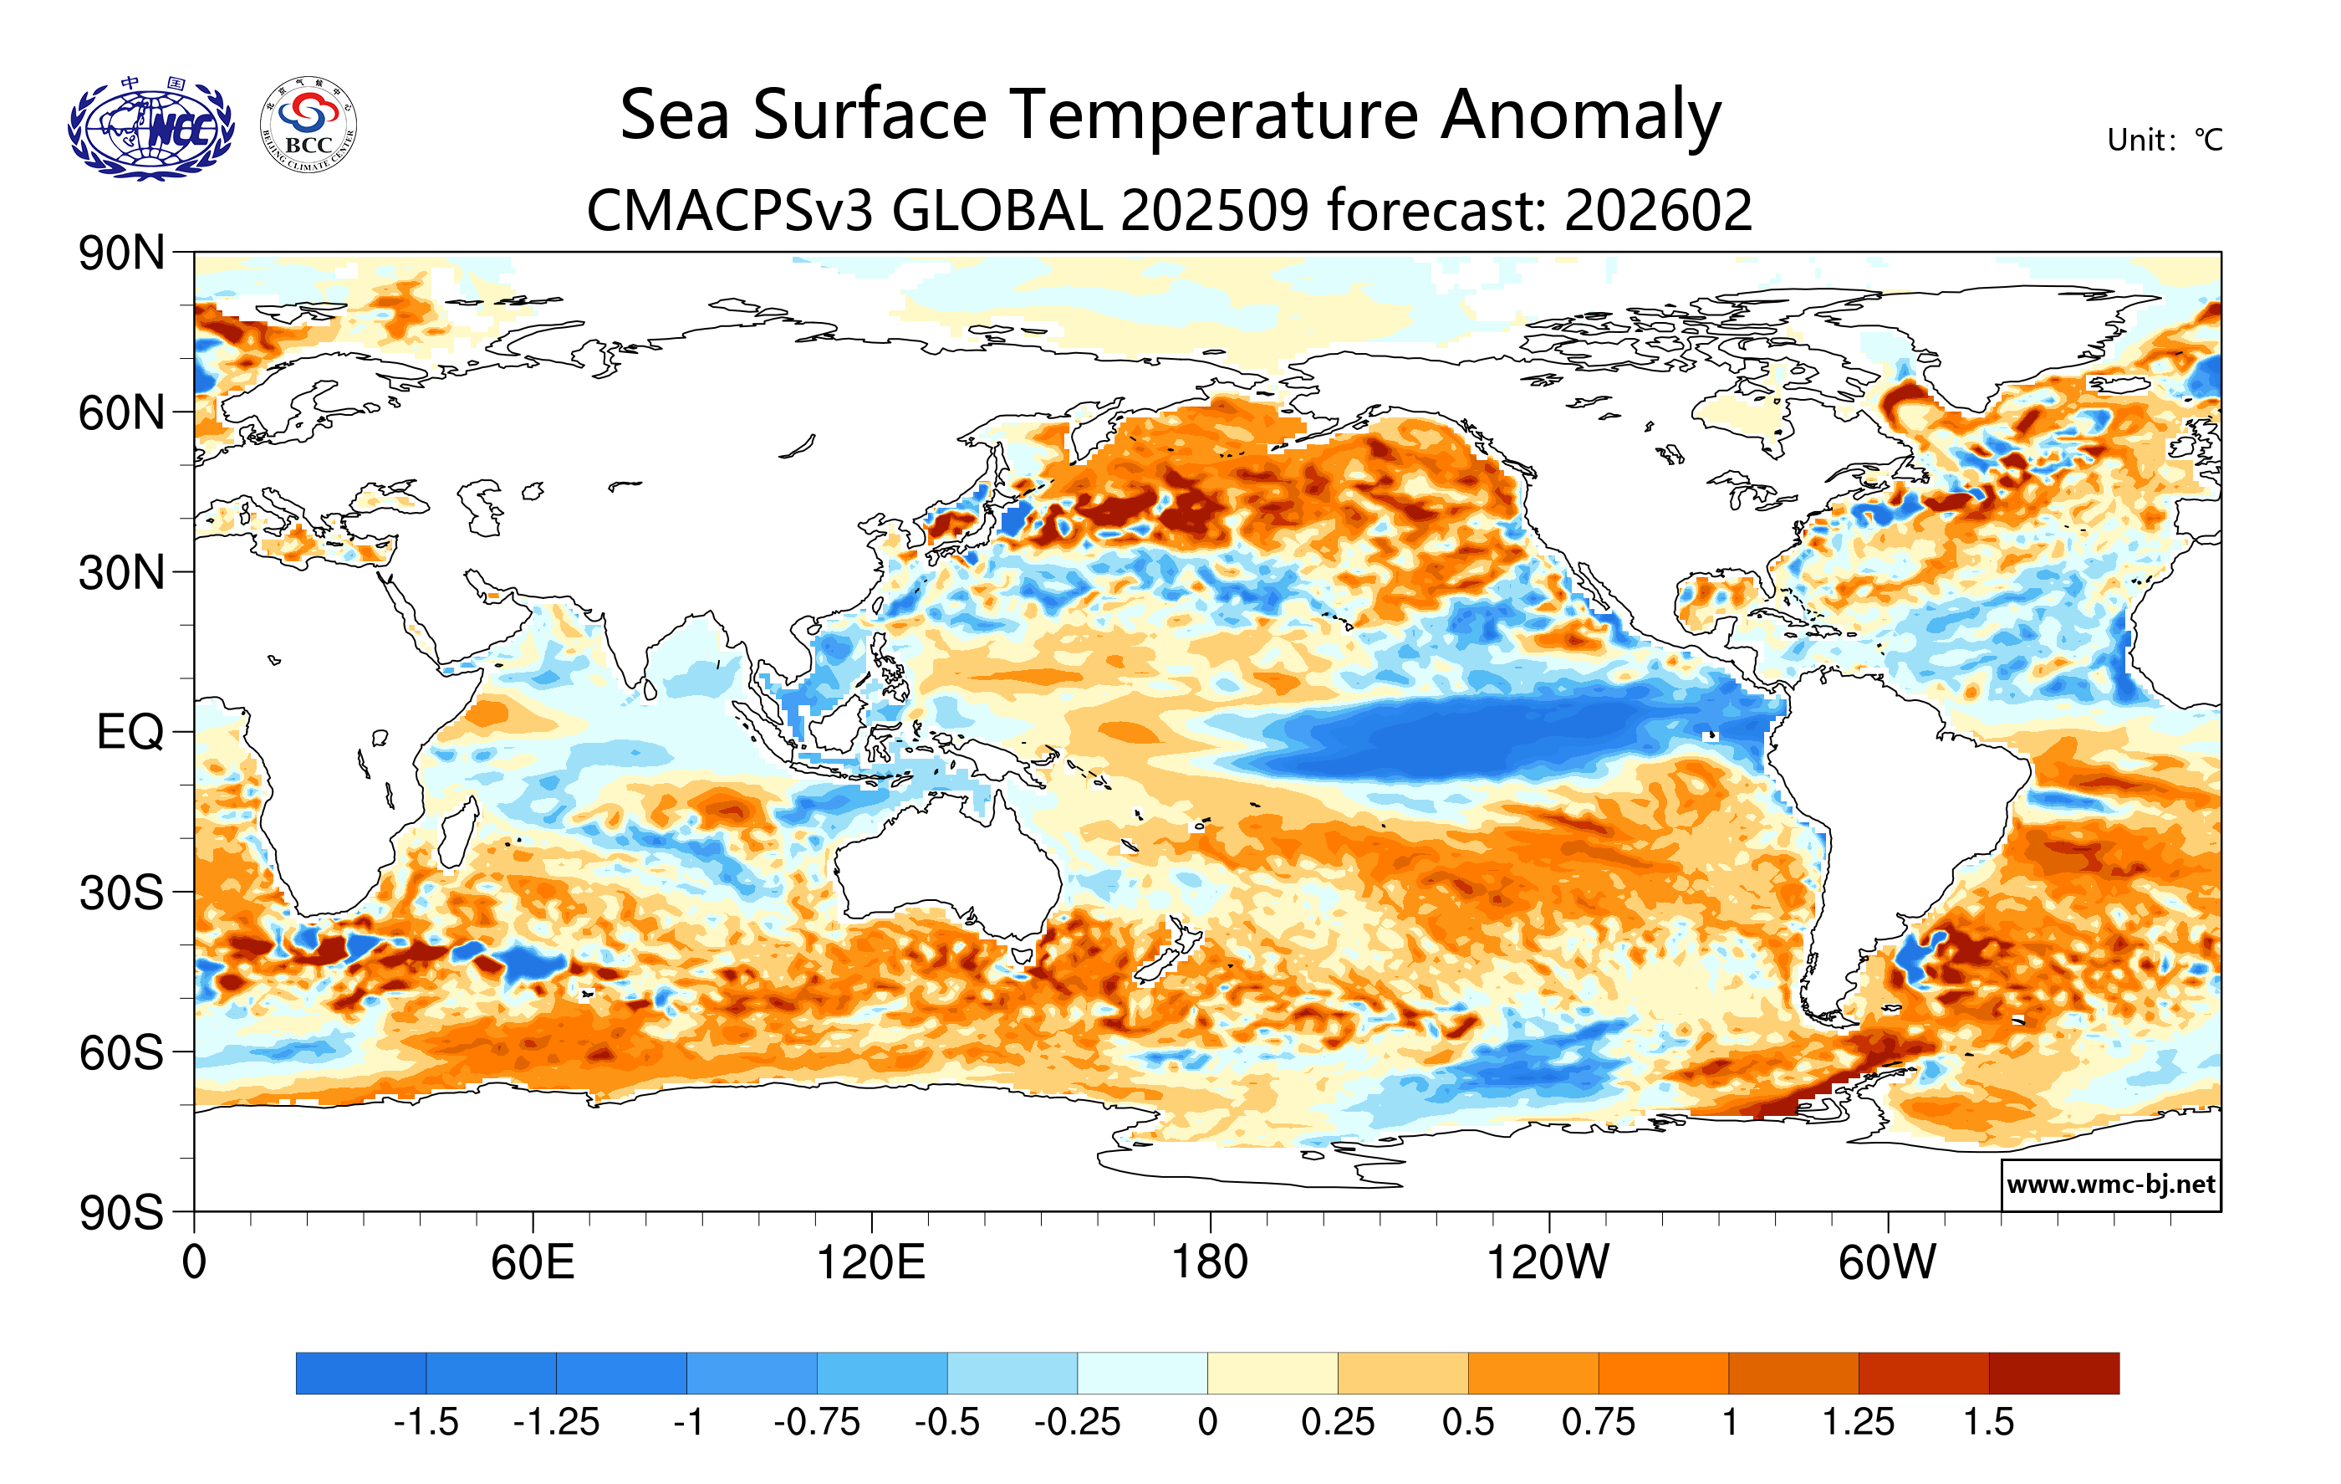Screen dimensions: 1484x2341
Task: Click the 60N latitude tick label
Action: click(121, 413)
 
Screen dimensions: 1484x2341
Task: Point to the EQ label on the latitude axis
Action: click(130, 732)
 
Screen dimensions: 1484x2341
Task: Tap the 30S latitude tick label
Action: click(121, 893)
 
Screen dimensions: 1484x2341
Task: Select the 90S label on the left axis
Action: click(121, 1213)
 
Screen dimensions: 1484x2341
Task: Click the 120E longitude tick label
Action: click(870, 1263)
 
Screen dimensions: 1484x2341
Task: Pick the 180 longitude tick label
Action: click(1210, 1263)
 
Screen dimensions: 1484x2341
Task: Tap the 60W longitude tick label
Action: click(1887, 1263)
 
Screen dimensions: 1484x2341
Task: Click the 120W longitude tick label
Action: click(1548, 1263)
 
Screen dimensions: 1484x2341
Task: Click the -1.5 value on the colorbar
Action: click(426, 1423)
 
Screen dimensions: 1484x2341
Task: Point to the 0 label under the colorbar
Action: click(1207, 1423)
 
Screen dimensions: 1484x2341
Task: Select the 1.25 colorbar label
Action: click(1858, 1423)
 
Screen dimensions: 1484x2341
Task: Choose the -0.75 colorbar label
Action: click(817, 1423)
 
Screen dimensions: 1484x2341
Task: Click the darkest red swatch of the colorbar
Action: click(2053, 1373)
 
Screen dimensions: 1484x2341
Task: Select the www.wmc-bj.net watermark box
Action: click(2110, 1185)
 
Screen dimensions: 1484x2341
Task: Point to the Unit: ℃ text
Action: click(2164, 140)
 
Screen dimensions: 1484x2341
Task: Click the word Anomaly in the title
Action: click(1581, 115)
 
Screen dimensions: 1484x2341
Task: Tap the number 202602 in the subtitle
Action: click(1659, 210)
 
